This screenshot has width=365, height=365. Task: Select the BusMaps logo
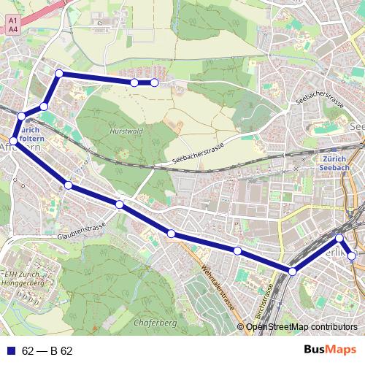pos(326,350)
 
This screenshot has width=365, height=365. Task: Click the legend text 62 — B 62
pos(47,351)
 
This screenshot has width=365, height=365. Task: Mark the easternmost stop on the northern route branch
pos(155,83)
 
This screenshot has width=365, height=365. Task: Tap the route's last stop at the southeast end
pos(352,256)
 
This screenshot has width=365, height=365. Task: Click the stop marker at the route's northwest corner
pos(59,73)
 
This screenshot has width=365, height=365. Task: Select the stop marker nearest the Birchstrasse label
pos(292,272)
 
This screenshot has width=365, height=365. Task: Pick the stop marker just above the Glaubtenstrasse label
pos(120,204)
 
